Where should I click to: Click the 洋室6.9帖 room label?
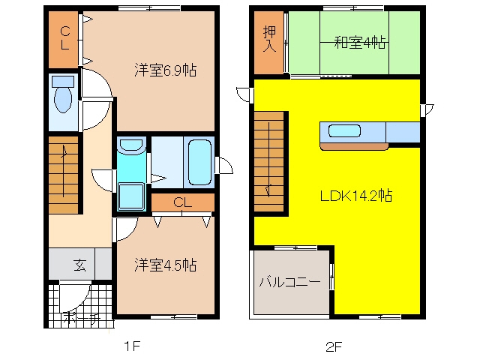click(165, 70)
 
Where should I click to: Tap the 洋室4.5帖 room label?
click(165, 265)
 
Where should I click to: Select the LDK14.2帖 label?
click(356, 196)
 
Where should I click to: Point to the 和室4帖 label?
click(360, 42)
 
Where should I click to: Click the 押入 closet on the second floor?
click(269, 43)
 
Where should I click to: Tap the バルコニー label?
click(290, 281)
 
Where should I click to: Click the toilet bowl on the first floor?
click(63, 98)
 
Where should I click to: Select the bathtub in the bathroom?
click(199, 162)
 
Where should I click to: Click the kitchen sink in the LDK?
click(344, 131)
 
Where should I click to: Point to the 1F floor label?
click(132, 346)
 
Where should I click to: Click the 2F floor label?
click(333, 346)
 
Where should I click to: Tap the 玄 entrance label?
click(80, 265)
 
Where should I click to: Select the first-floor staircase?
click(64, 175)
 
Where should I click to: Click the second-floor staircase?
click(269, 161)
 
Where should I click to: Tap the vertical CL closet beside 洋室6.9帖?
click(63, 40)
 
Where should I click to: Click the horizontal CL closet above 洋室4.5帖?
click(183, 202)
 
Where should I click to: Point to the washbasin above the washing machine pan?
click(131, 145)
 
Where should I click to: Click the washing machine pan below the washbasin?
click(131, 196)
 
